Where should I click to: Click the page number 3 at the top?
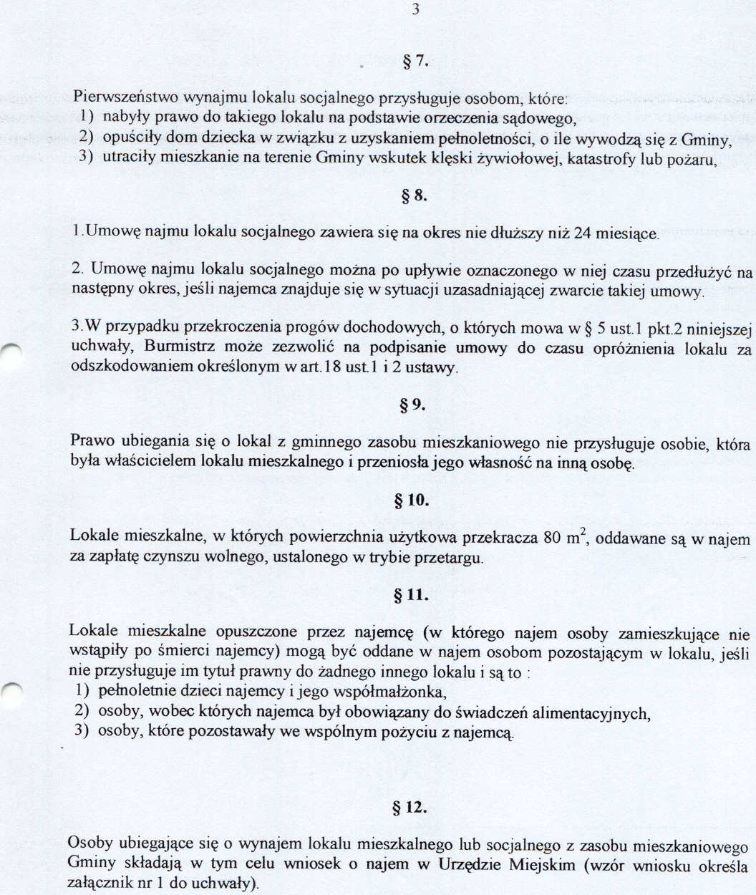point(415,9)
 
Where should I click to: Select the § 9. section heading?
point(413,405)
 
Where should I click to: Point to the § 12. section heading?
point(410,808)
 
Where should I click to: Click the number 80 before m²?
point(552,538)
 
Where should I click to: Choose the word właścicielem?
point(150,463)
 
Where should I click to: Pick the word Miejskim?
point(542,864)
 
